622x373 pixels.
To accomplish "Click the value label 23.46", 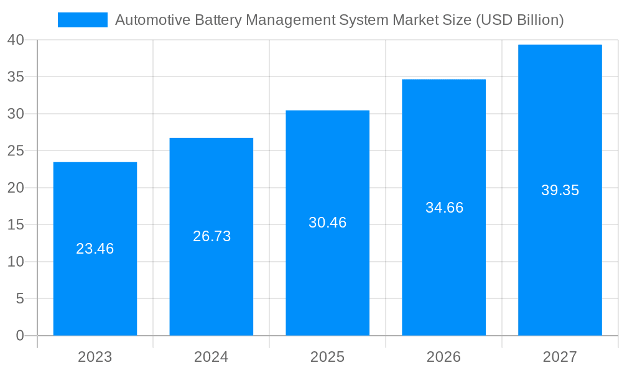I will [x=95, y=249].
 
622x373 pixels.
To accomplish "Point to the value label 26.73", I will [x=211, y=236].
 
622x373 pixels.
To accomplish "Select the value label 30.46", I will [x=328, y=223].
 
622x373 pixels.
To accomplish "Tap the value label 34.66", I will [x=444, y=208].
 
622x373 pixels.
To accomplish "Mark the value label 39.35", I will [x=560, y=190].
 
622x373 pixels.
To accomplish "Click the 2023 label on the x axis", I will [x=95, y=357].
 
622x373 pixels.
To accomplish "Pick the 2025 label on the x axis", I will [x=328, y=357].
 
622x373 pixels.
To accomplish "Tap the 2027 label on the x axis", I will [x=560, y=357].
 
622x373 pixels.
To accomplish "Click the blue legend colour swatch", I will [x=83, y=20].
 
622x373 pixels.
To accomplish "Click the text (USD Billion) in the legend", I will [x=519, y=20].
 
